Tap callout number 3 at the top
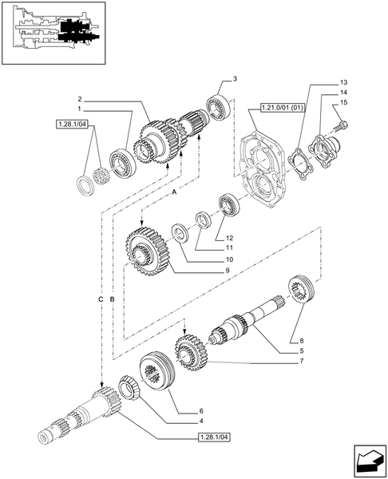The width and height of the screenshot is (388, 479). click(x=236, y=78)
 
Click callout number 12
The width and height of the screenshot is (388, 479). click(x=228, y=237)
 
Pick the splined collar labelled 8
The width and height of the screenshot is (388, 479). click(x=302, y=288)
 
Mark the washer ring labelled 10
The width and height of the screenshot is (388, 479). click(x=179, y=232)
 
